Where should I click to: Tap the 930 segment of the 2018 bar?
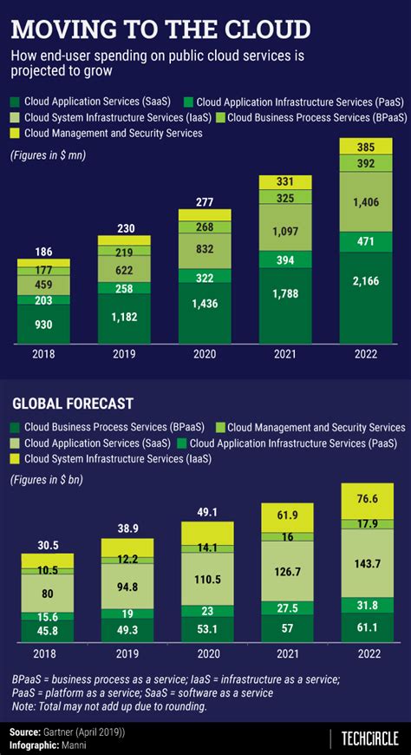click(43, 324)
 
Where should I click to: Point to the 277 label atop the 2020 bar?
click(204, 202)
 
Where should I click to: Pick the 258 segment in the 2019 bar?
click(124, 288)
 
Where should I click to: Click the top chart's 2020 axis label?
click(204, 355)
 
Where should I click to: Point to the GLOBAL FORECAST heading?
click(72, 404)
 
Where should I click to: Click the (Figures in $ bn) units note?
click(49, 480)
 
